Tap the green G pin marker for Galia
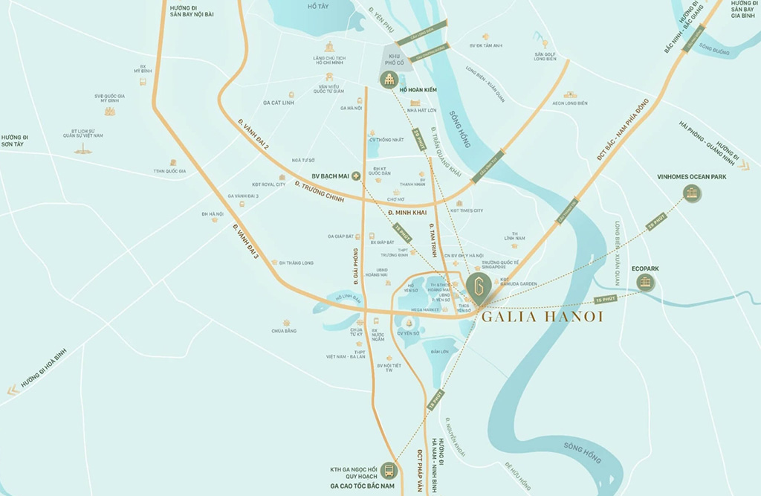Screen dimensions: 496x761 (x=479, y=286)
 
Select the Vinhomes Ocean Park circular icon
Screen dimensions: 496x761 (x=692, y=194)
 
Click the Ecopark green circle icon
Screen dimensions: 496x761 (x=645, y=282)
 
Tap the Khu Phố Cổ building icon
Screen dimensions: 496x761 (x=389, y=80)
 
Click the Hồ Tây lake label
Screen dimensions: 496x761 (x=317, y=6)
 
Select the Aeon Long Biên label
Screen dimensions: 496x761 (x=570, y=103)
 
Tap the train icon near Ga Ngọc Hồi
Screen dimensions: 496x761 (x=388, y=471)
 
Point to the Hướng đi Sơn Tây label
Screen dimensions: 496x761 (x=13, y=141)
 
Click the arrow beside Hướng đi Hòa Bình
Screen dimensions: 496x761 (x=11, y=390)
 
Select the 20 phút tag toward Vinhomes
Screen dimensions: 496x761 (x=655, y=221)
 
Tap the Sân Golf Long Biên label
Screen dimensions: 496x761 (x=545, y=56)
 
